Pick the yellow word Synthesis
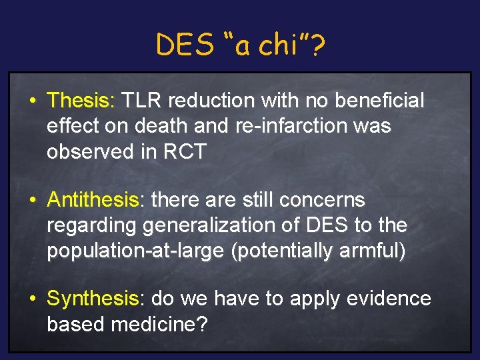click(x=92, y=299)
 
